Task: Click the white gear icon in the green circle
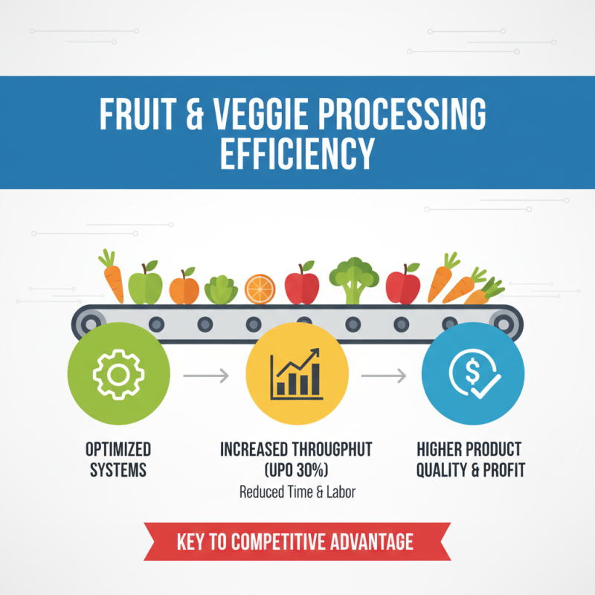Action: tap(118, 373)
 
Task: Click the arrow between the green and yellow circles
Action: tap(206, 376)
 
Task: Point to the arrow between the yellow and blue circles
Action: tap(384, 376)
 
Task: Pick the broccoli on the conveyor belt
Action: tap(354, 281)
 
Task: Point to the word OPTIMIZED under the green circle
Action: tap(119, 450)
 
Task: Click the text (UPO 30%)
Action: tap(296, 472)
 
